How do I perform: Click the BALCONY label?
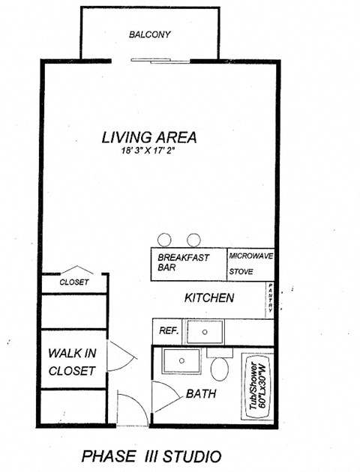click(x=150, y=34)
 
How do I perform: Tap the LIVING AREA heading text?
click(x=149, y=137)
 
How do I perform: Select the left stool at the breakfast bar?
click(x=164, y=240)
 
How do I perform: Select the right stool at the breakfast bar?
click(x=193, y=240)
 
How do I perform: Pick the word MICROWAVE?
click(x=251, y=255)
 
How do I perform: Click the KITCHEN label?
click(x=209, y=297)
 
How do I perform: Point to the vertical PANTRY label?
click(x=270, y=300)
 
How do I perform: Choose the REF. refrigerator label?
click(x=167, y=330)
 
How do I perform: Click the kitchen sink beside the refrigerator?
click(x=205, y=331)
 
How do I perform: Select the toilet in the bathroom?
click(x=220, y=367)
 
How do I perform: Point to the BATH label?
click(x=201, y=393)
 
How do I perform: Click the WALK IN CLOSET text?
click(x=71, y=361)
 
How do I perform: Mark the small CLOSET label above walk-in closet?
click(x=74, y=282)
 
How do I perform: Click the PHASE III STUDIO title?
click(x=151, y=455)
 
